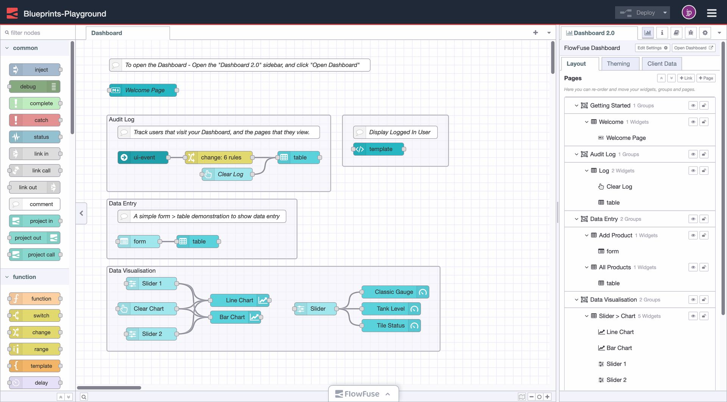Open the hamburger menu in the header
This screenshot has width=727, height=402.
click(711, 13)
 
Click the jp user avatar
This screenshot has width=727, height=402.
click(688, 13)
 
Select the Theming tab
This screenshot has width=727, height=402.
click(618, 64)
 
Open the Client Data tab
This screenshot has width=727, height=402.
click(661, 64)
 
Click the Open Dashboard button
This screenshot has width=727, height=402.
click(693, 48)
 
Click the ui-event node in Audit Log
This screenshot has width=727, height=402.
click(144, 158)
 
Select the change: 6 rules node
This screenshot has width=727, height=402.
click(220, 158)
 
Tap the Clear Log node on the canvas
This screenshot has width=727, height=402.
click(229, 174)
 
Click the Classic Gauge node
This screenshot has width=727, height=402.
click(393, 292)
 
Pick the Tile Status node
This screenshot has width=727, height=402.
click(390, 326)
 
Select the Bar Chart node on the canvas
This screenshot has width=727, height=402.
click(232, 317)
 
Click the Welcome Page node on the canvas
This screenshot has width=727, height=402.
click(144, 90)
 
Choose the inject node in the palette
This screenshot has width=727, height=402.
click(41, 70)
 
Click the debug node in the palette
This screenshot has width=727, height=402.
click(28, 87)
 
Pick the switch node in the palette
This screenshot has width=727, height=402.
click(41, 316)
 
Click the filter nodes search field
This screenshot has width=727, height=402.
click(38, 33)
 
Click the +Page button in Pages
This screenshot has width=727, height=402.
click(706, 78)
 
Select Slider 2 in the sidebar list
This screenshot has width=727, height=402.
click(616, 380)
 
